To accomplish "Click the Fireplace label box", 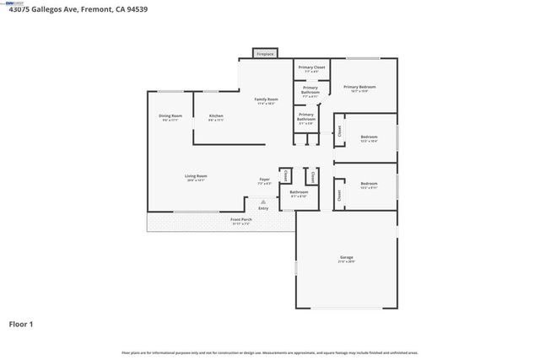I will point(265,54).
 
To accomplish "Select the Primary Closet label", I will point(311,68).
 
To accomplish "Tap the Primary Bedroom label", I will point(359,88).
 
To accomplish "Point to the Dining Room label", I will point(170,117).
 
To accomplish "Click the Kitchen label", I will point(216,117).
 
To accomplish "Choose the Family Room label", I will point(267,101).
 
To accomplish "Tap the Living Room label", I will point(196,178).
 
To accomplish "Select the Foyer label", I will point(264,180).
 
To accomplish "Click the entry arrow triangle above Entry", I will point(263,202).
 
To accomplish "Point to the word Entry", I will point(263,208).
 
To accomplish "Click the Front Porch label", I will point(241,221).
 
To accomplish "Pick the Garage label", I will point(347,258).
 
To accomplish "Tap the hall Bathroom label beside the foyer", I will point(299,193).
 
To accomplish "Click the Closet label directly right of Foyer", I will point(286,176).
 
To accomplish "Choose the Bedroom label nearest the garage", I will point(369,185).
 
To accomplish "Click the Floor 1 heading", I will point(22,324).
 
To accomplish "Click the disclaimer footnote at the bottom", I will point(270,352).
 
